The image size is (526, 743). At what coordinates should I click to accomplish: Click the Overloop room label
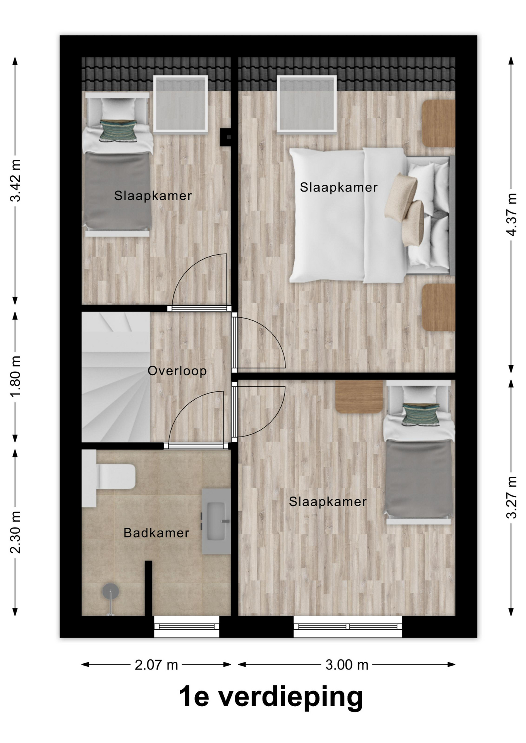pyautogui.click(x=177, y=371)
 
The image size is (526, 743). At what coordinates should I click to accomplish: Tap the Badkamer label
pyautogui.click(x=156, y=533)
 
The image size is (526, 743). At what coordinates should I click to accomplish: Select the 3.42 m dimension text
pyautogui.click(x=15, y=181)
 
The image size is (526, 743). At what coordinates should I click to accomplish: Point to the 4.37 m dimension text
pyautogui.click(x=511, y=214)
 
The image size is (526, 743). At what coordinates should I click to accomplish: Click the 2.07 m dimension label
pyautogui.click(x=156, y=664)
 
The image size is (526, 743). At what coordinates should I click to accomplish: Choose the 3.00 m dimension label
pyautogui.click(x=347, y=664)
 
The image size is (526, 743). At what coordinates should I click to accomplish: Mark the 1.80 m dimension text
pyautogui.click(x=15, y=377)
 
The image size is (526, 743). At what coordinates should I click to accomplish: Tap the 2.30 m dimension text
pyautogui.click(x=15, y=532)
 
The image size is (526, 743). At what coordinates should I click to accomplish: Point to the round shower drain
pyautogui.click(x=111, y=591)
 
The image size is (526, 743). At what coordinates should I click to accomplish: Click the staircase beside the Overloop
pyautogui.click(x=115, y=377)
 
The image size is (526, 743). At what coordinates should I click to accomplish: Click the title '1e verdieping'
pyautogui.click(x=271, y=697)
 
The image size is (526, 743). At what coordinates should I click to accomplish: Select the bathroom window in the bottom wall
pyautogui.click(x=187, y=627)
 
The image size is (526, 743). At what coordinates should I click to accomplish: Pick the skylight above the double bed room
pyautogui.click(x=307, y=104)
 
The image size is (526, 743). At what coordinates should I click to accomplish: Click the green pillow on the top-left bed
pyautogui.click(x=119, y=130)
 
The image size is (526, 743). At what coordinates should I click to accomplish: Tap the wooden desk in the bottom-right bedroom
pyautogui.click(x=359, y=396)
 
